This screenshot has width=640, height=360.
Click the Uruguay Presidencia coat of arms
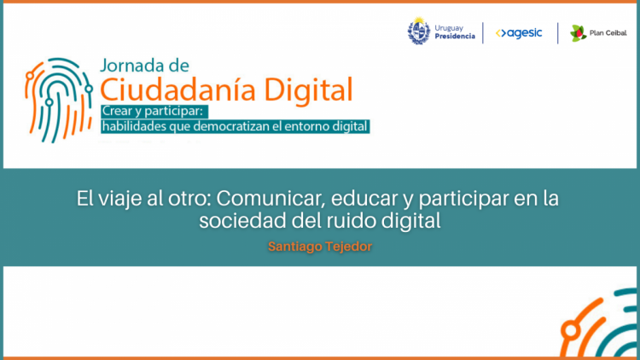coord(419,31)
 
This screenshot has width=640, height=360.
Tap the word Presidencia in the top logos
coord(455,37)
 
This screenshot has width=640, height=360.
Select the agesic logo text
coord(519,32)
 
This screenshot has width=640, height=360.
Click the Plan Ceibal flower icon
coord(578,33)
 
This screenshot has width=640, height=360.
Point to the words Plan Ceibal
coord(608,33)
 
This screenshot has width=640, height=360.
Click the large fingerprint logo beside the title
coord(59,100)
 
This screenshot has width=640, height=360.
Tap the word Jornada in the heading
coord(129,66)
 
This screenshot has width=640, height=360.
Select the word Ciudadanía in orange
coord(177,90)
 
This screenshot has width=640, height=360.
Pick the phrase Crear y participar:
coord(153,111)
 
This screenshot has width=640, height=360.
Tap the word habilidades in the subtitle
coord(134,126)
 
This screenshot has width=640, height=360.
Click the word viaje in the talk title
coord(117,200)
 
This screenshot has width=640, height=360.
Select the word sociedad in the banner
coord(242,221)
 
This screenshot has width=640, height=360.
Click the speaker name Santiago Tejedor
coord(320,247)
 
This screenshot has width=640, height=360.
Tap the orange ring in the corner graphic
coord(571,331)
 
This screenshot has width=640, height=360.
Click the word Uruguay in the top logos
coord(449,28)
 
